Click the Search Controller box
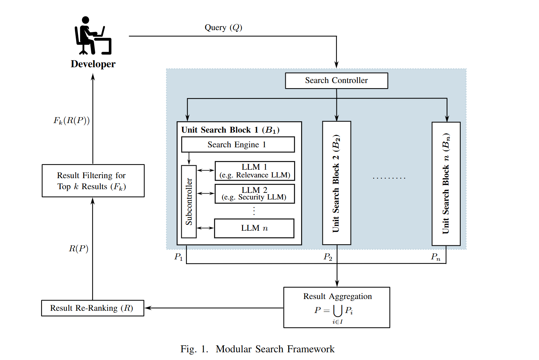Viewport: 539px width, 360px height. (336, 80)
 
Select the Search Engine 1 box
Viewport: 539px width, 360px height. (238, 144)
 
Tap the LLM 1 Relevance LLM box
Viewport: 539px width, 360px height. (254, 171)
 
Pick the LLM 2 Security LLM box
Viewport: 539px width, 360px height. (254, 194)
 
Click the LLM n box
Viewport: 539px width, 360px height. (254, 228)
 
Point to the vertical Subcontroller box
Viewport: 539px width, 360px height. (189, 201)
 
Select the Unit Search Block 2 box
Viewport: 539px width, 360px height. (336, 183)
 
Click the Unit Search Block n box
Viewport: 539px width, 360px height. (446, 183)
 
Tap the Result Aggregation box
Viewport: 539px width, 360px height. (336, 307)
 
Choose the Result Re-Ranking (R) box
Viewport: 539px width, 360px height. (92, 308)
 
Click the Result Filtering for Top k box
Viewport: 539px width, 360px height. (93, 181)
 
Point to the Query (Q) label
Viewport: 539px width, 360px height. (223, 28)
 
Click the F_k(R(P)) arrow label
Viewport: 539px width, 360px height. (72, 120)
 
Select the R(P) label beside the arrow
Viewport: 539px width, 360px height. (78, 249)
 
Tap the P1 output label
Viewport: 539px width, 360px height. (178, 257)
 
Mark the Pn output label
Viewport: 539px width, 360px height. (435, 257)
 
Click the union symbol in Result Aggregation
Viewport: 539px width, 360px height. (338, 311)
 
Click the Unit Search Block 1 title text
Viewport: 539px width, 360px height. (230, 130)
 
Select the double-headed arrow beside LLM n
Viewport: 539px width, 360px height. (205, 228)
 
